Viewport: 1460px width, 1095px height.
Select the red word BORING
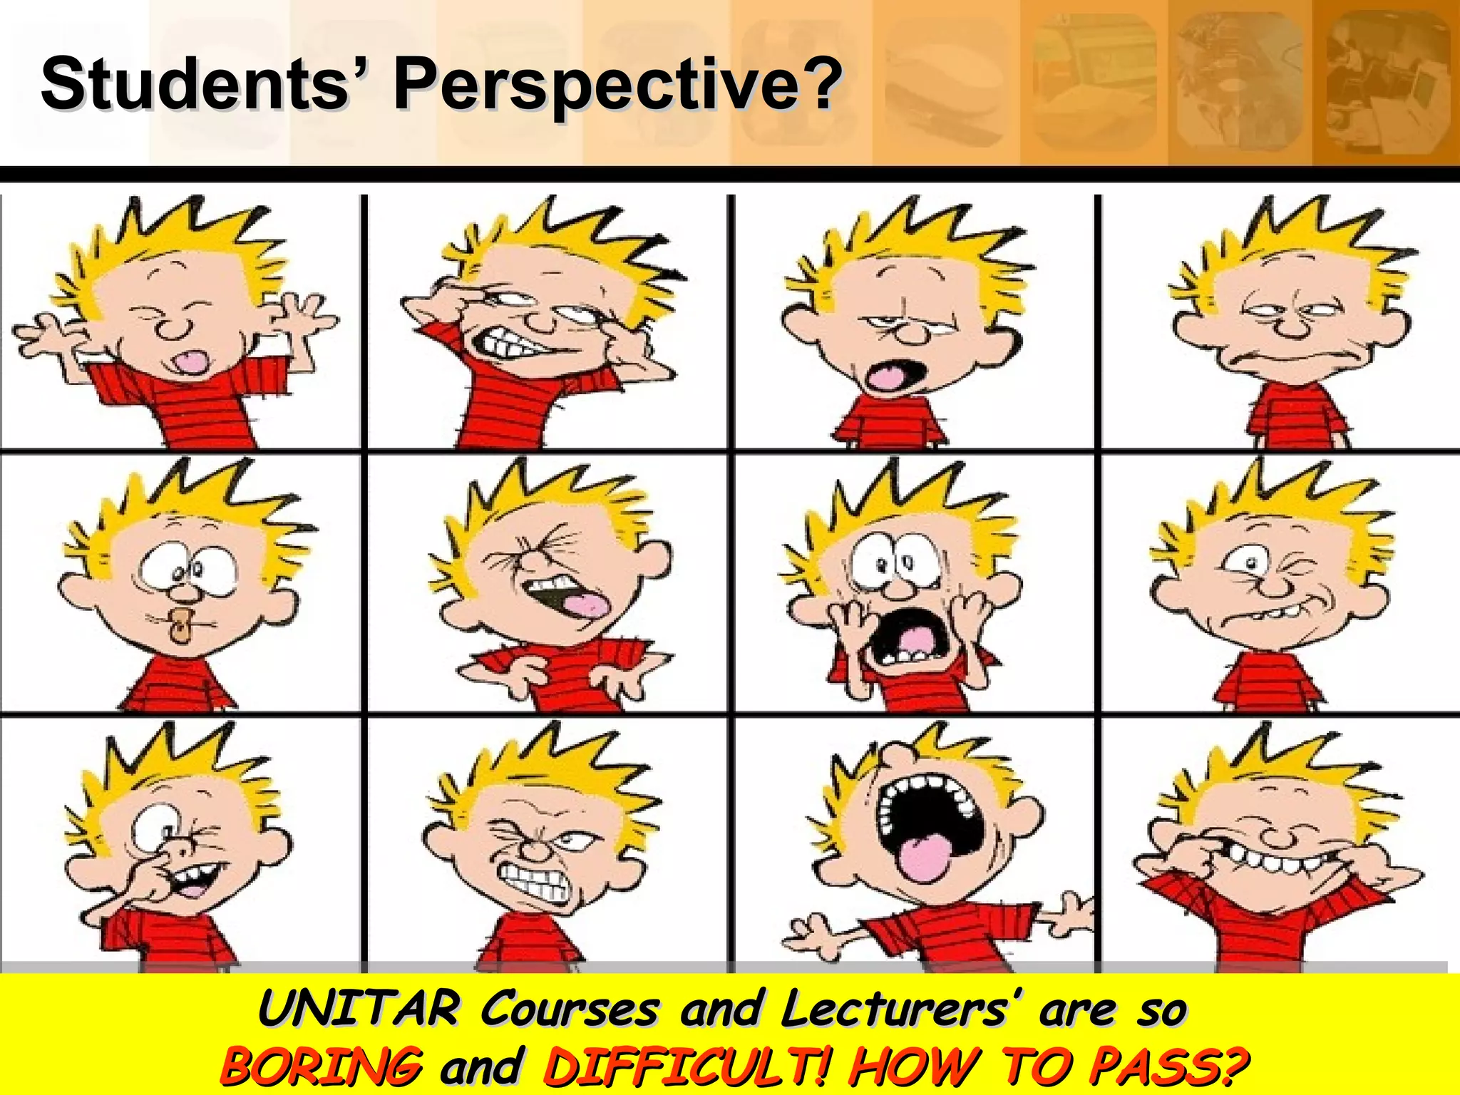coord(321,1066)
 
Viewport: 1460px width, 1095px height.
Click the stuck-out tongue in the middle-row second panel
coord(585,607)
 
